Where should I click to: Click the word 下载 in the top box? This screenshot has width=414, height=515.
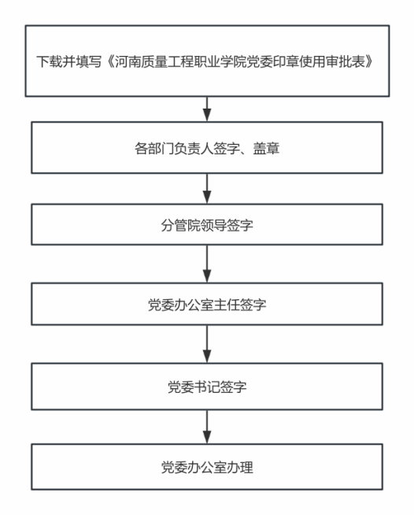click(x=50, y=61)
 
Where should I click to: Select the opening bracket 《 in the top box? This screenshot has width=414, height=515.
click(x=109, y=61)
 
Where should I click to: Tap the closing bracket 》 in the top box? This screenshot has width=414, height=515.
click(x=371, y=61)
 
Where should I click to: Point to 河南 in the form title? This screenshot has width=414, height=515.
click(x=128, y=61)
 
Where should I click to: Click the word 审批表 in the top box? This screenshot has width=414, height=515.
click(x=346, y=61)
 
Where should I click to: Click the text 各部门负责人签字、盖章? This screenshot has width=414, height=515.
click(x=207, y=148)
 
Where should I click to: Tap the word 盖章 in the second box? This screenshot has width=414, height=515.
click(x=266, y=148)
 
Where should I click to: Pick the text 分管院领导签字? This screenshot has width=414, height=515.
click(x=207, y=225)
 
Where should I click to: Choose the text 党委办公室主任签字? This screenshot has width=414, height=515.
click(x=207, y=305)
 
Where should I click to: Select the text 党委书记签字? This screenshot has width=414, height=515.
click(x=207, y=387)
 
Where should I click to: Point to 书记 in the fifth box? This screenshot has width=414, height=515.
click(x=207, y=387)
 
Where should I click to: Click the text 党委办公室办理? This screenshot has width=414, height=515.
click(x=207, y=468)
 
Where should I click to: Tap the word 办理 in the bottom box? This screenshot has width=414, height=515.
click(x=240, y=468)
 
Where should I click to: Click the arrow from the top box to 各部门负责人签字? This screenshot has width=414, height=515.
click(x=207, y=109)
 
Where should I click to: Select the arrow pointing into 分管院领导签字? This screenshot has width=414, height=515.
click(x=207, y=188)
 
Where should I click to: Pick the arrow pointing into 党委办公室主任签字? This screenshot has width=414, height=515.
click(x=207, y=264)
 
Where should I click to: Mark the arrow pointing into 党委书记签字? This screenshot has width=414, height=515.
click(x=207, y=344)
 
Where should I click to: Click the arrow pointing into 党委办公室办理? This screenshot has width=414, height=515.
click(x=207, y=427)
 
